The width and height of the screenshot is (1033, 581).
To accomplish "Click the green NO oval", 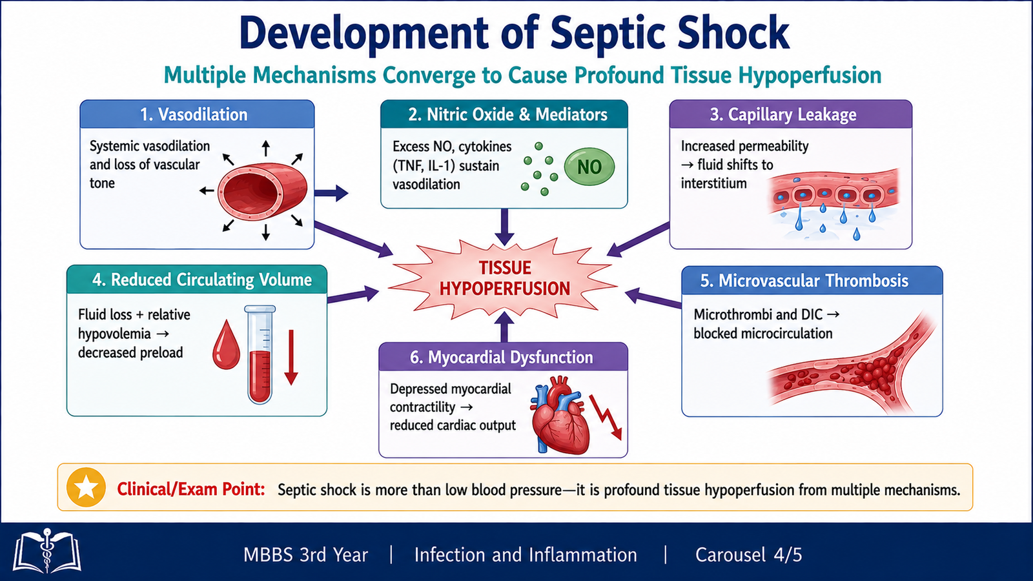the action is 589,167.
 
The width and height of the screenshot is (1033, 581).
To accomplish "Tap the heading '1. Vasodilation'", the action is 194,114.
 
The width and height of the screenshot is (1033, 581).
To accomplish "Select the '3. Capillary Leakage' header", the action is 782,114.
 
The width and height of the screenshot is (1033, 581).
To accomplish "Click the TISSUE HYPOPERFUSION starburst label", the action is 504,278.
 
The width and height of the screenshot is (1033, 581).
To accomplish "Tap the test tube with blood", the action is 260,354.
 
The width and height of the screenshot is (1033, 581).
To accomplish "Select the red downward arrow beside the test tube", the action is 291,357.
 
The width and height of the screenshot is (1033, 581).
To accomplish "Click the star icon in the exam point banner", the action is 86,487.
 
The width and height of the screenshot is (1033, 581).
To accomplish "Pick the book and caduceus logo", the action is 46,551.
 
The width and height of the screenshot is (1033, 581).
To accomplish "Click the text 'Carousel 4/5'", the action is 748,555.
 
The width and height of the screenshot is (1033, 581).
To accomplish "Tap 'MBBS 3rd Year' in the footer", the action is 306,555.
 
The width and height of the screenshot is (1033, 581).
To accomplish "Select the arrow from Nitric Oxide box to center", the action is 504,227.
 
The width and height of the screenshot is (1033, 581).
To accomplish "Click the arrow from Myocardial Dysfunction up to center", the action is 504,327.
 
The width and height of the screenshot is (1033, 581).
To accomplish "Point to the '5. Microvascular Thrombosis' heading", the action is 804,280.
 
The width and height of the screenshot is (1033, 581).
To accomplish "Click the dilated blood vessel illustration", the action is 262,191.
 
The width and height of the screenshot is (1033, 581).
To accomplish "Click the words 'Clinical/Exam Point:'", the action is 191,489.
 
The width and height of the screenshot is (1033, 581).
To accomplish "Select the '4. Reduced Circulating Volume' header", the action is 202,280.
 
